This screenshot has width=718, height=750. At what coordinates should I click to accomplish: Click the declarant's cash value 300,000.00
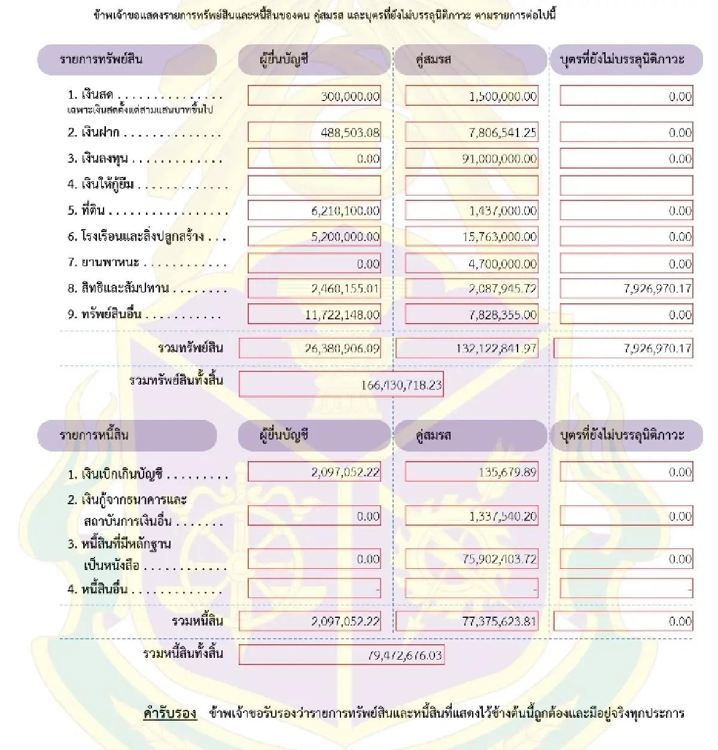[350, 96]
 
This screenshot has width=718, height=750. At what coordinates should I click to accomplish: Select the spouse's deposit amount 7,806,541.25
[503, 133]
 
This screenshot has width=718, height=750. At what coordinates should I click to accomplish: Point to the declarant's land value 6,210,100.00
[345, 211]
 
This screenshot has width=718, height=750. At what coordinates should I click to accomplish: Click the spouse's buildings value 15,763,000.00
[500, 237]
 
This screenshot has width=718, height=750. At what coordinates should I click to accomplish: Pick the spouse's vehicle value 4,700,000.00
[503, 264]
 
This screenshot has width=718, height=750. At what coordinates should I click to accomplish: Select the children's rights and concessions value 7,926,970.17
[657, 289]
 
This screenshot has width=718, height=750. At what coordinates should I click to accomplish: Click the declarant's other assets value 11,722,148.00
[342, 315]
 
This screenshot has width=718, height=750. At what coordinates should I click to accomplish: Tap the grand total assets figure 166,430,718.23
[401, 385]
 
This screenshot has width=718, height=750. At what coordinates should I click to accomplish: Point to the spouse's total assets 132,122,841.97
[496, 348]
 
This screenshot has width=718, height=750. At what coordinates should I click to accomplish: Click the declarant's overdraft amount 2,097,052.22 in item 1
[345, 472]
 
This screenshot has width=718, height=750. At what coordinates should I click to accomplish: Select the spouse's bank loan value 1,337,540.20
[503, 516]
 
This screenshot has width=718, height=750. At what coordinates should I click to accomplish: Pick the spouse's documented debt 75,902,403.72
[500, 559]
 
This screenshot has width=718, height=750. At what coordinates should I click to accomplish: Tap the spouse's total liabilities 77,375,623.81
[499, 621]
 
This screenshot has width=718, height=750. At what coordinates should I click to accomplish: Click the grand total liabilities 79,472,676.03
[405, 656]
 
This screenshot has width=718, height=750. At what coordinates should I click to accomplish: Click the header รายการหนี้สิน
[94, 435]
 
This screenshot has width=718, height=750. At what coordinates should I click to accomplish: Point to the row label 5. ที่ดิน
[86, 211]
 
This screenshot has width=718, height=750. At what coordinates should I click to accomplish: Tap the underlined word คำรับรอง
[170, 713]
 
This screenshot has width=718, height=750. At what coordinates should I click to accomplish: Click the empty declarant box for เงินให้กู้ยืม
[314, 185]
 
